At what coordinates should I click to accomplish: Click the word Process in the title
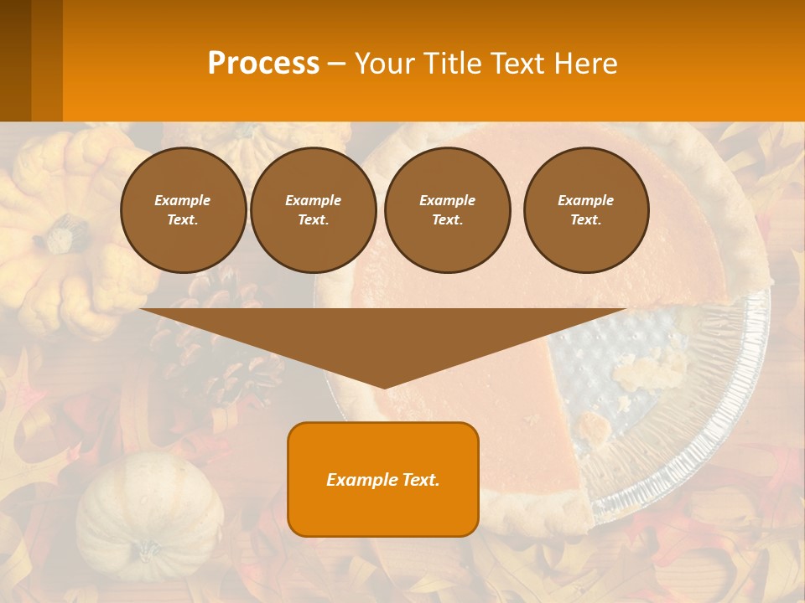pos(263,63)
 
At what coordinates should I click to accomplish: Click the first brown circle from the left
pos(183,210)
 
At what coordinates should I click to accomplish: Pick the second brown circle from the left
pos(313,210)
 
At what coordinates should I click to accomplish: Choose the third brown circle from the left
pos(447,210)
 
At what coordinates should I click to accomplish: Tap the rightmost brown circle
pos(585,210)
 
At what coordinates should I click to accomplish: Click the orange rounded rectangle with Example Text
pos(383,479)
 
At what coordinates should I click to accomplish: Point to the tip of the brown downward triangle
pos(383,385)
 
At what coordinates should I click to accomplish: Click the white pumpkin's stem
pos(148,550)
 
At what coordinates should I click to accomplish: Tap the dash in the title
pos(337,64)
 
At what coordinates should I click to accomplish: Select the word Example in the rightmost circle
pos(585,200)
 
